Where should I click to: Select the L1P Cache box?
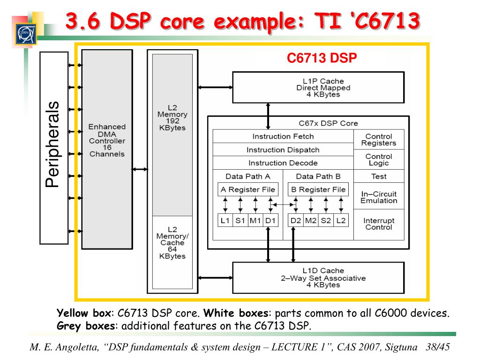tap(318, 87)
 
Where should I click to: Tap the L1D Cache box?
tap(318, 277)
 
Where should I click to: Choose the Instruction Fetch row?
tap(283, 136)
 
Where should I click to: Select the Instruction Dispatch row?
tap(283, 150)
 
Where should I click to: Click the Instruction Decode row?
tap(283, 163)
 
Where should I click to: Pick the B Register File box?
tap(318, 190)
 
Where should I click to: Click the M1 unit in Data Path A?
tap(255, 220)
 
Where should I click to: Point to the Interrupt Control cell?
tap(379, 224)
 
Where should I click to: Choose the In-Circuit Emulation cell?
tap(379, 197)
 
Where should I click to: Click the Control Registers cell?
tap(379, 140)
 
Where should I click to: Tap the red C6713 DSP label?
tap(322, 58)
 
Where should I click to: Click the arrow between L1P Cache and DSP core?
tap(268, 115)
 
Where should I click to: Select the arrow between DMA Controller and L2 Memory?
tap(140, 170)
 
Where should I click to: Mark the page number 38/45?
tap(437, 347)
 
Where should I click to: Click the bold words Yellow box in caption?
tap(84, 313)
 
